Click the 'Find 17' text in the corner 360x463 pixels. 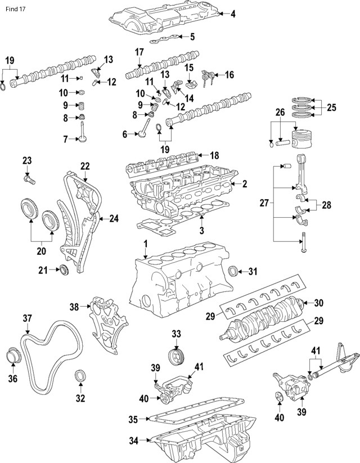15,9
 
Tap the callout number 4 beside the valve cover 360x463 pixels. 233,14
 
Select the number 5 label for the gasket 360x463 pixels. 192,37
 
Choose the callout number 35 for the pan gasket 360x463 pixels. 133,419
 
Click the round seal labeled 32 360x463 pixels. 81,376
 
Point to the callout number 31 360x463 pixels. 253,272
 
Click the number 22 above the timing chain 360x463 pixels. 85,166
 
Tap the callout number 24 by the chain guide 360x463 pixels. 114,218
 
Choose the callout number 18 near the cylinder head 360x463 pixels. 213,155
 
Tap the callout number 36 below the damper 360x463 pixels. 12,378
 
